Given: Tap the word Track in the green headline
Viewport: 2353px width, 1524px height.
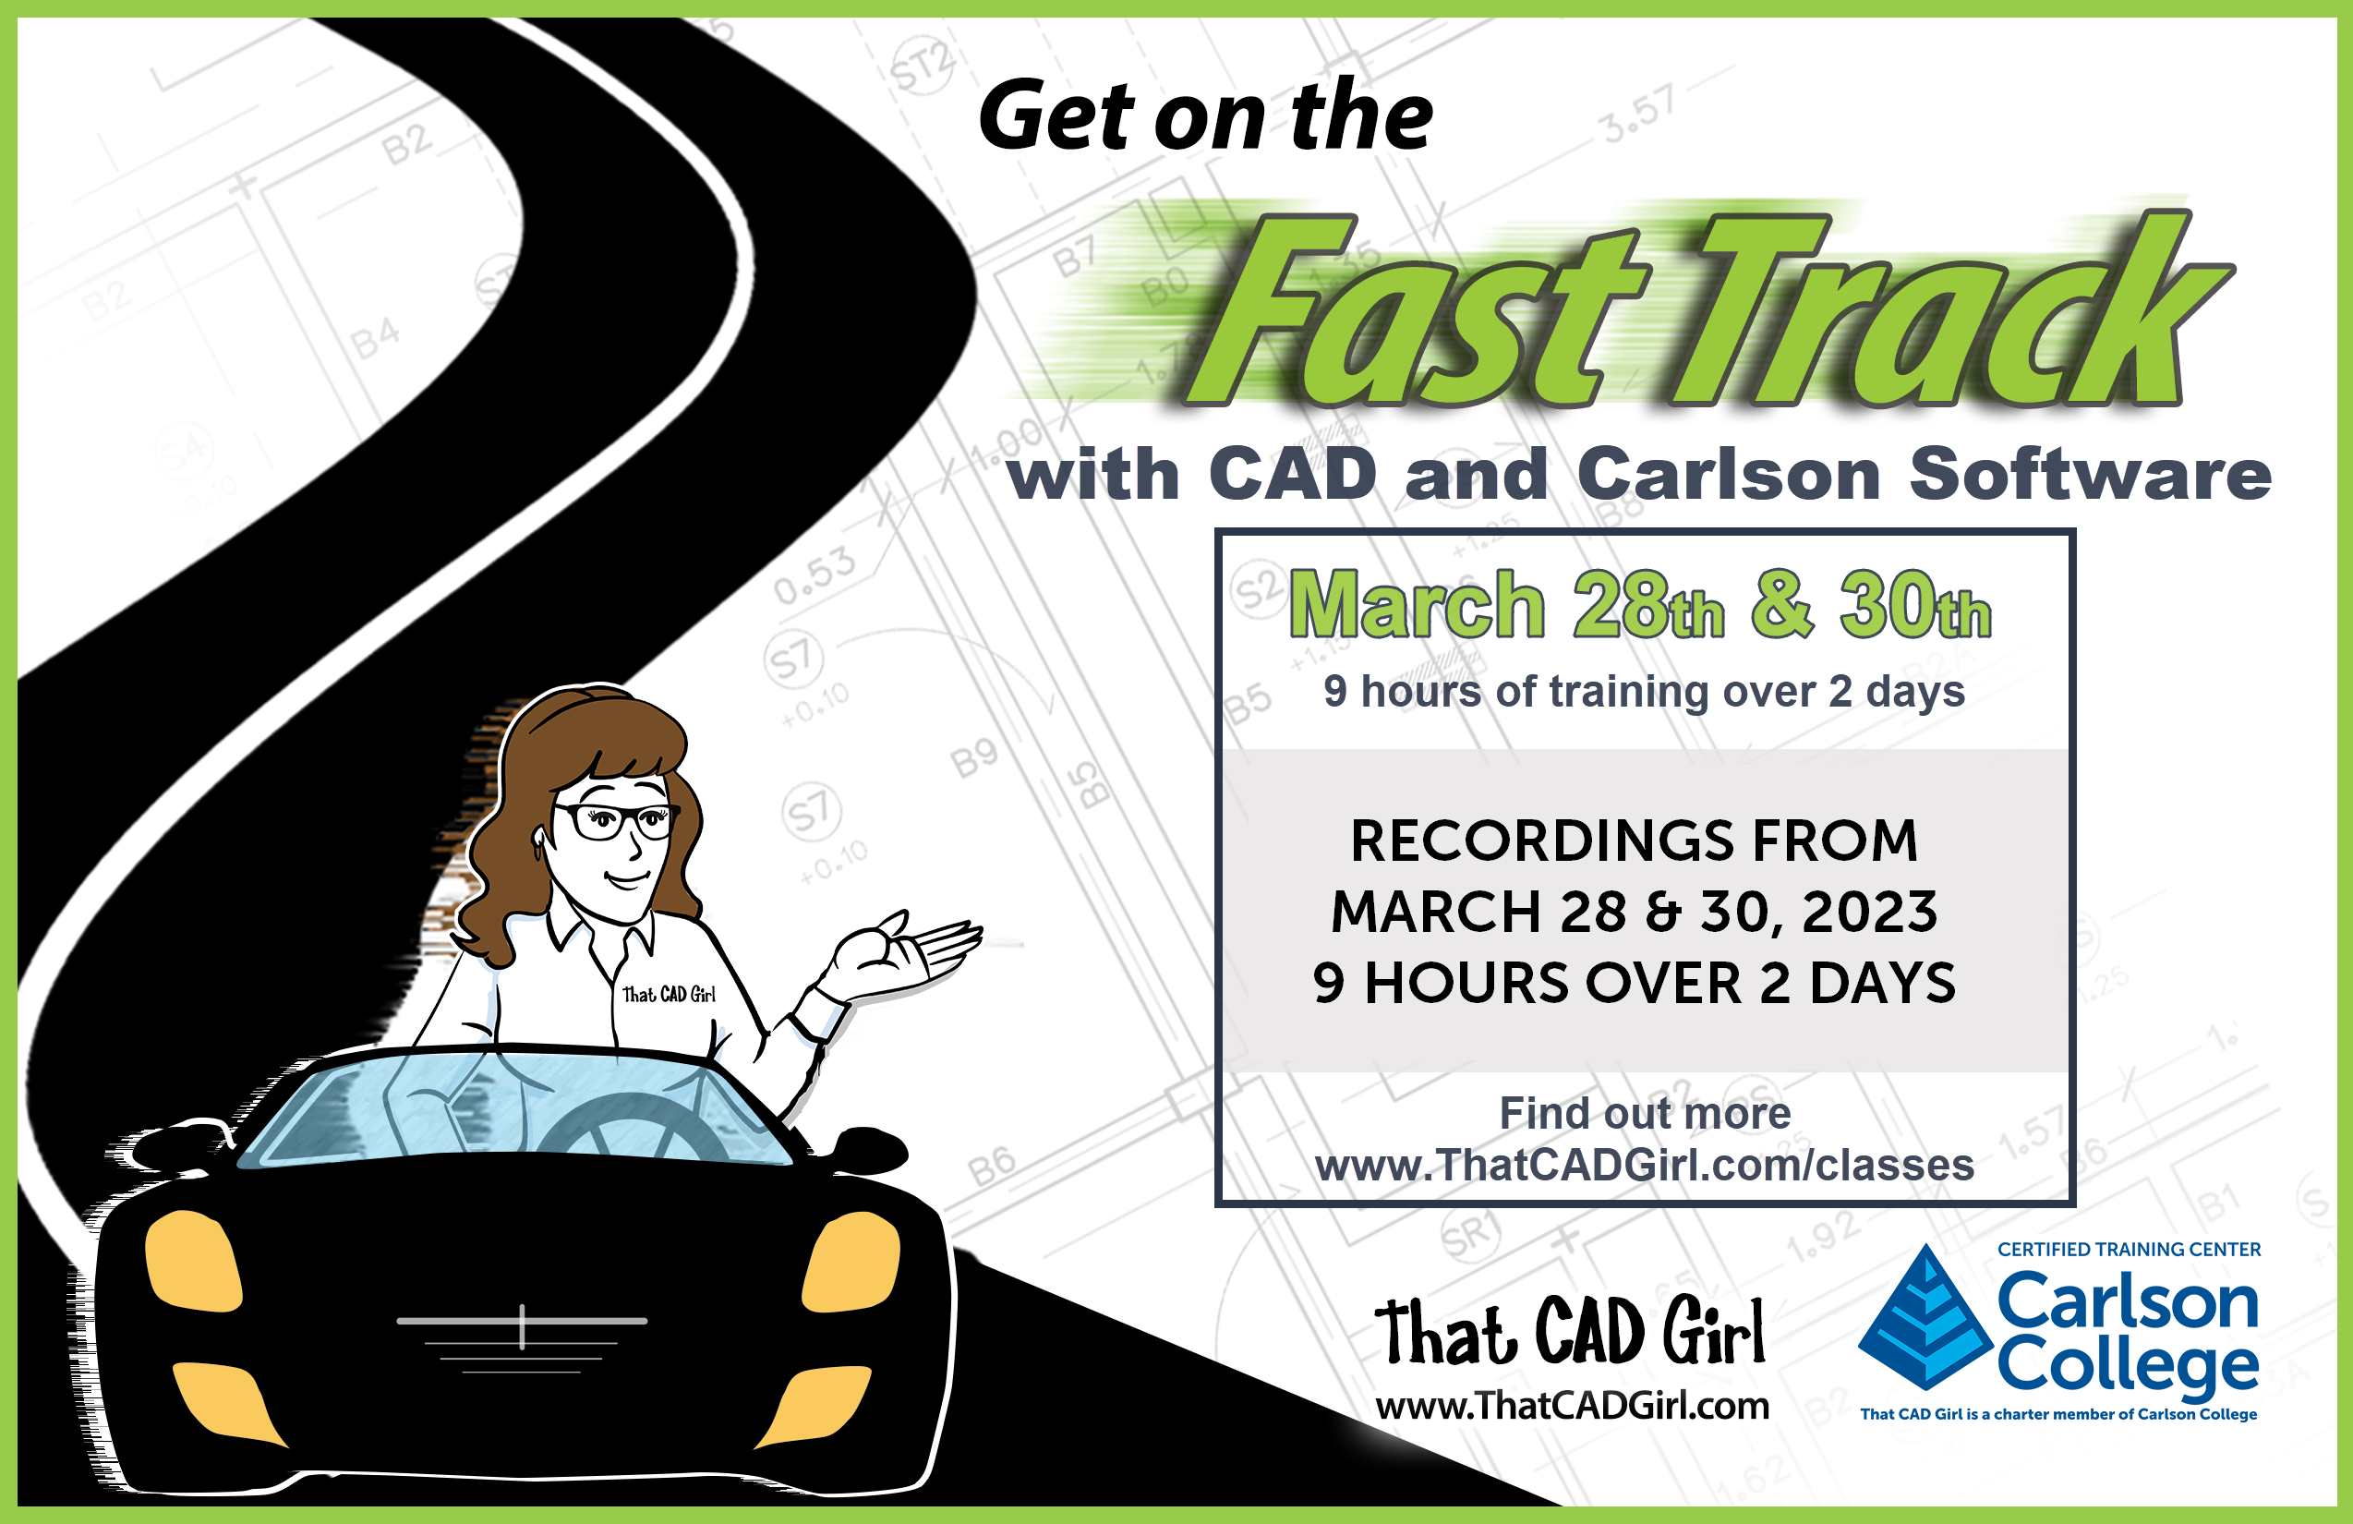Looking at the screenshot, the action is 1952,308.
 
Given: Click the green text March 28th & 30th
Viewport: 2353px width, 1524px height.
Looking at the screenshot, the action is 1640,604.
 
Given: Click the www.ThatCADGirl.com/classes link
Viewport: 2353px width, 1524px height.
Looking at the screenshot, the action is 1644,1165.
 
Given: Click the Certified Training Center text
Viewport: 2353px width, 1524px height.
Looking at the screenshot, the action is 2129,1249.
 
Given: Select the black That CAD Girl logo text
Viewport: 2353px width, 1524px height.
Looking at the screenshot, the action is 1570,1331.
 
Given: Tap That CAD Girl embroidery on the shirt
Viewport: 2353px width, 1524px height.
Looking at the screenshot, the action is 669,994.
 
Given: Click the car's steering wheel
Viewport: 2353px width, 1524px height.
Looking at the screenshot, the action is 633,1128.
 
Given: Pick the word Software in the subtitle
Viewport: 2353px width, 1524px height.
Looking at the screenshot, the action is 2090,474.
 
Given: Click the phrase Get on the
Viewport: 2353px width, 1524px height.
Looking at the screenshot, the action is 1205,115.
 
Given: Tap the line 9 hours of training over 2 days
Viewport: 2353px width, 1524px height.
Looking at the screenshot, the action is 1644,691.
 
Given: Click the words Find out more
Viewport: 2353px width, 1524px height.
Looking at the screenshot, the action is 1645,1113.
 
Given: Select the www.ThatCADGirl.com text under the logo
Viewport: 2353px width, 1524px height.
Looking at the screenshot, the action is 1572,1406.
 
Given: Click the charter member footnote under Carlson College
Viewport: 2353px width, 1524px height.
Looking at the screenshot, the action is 2058,1414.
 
